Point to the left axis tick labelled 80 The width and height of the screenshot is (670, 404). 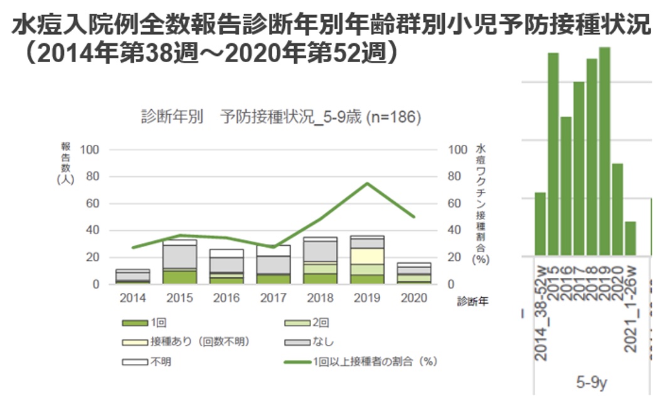[92, 176]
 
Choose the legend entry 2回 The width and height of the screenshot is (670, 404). [319, 324]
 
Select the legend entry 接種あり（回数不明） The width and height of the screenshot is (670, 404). [199, 343]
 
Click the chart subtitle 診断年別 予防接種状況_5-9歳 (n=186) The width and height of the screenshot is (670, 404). [280, 117]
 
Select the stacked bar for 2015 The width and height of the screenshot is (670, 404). [179, 262]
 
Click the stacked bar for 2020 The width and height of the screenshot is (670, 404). [413, 273]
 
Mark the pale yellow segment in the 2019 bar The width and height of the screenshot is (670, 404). [366, 256]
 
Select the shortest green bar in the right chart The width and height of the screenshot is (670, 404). [630, 238]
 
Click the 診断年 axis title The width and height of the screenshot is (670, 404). [472, 301]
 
